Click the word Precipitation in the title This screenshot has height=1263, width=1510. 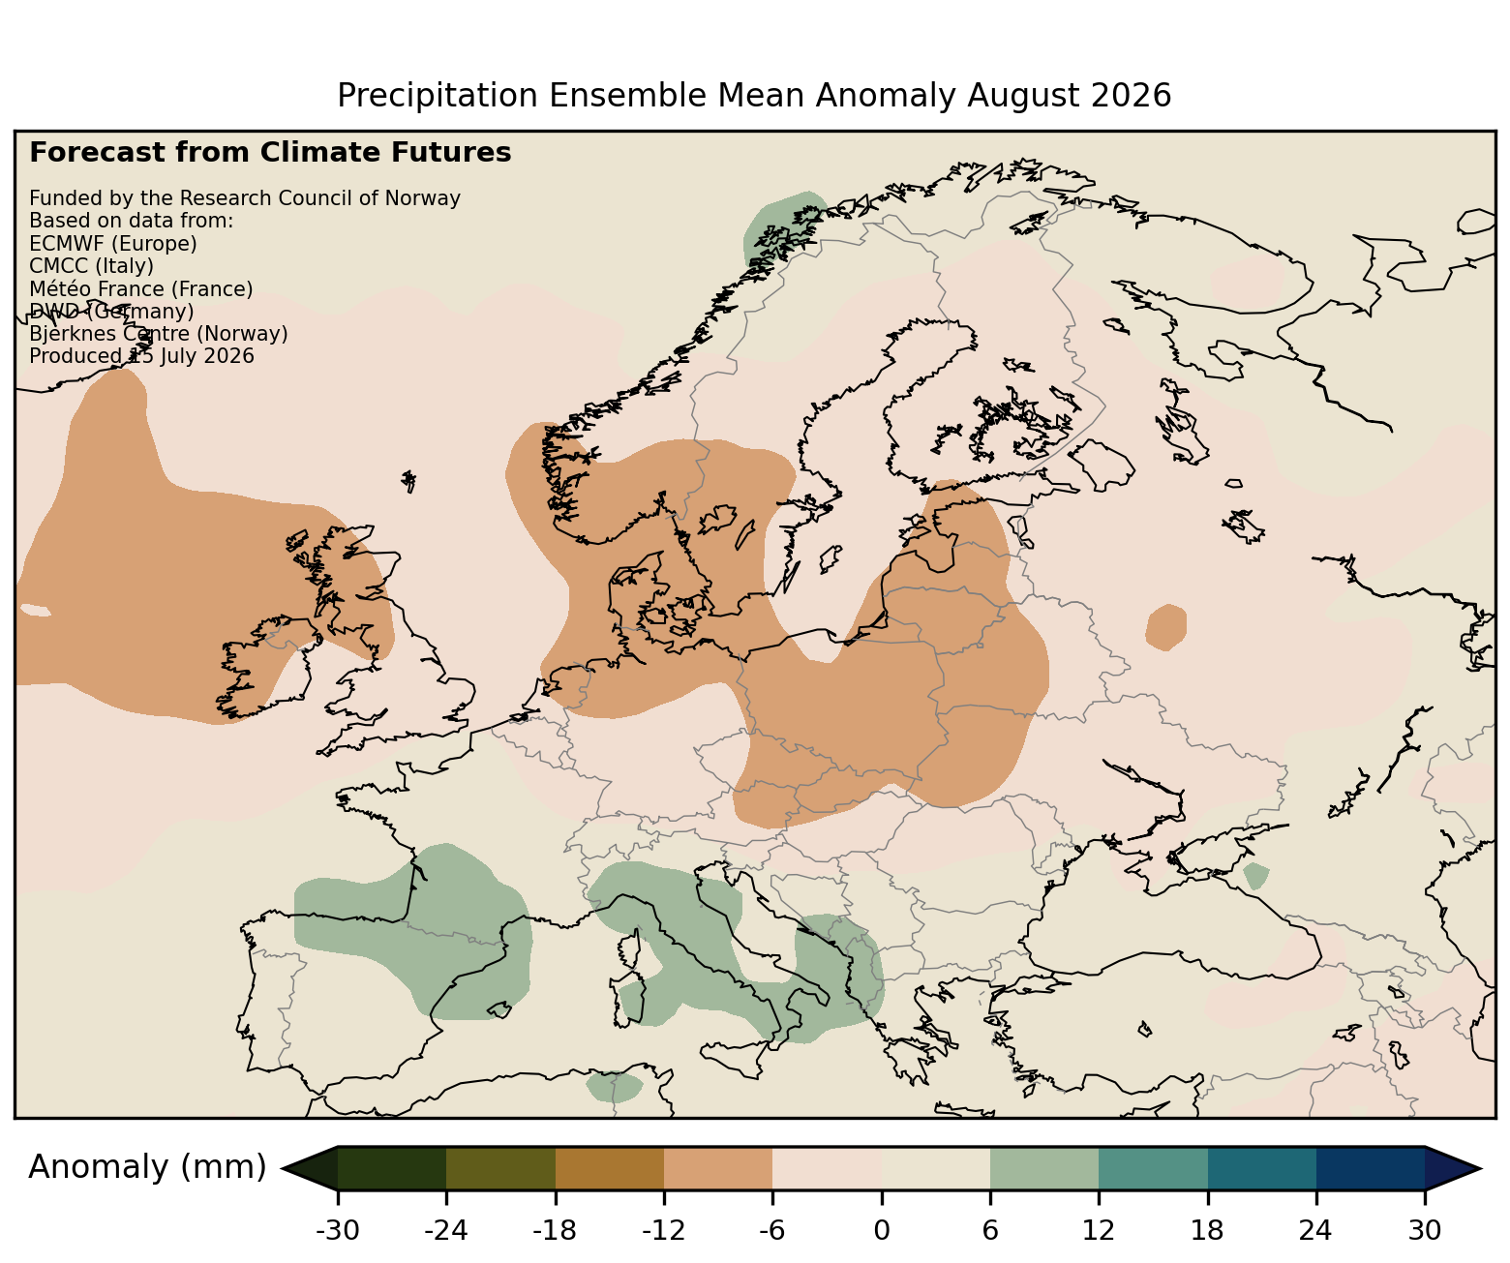click(438, 96)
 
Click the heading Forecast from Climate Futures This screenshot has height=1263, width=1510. click(270, 153)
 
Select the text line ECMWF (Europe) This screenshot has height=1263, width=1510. click(113, 244)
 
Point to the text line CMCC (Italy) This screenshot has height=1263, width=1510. click(91, 266)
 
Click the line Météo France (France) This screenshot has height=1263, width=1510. click(141, 289)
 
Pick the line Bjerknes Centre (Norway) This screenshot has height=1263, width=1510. click(159, 334)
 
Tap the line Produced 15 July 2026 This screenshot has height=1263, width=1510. click(141, 356)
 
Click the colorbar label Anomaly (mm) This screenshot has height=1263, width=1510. click(147, 1167)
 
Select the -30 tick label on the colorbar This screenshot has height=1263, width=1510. click(338, 1230)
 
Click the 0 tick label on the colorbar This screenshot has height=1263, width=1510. click(882, 1230)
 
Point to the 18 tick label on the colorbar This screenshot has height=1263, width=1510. click(1207, 1230)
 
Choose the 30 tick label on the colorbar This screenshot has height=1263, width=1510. click(1425, 1230)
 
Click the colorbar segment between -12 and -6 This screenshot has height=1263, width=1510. click(718, 1168)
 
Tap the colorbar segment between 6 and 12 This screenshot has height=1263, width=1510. click(1044, 1168)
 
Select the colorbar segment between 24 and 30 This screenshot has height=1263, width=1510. click(1371, 1168)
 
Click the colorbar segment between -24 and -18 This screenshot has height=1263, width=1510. click(500, 1168)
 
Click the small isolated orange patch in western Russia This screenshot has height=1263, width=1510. click(1165, 627)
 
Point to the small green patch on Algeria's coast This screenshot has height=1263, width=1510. click(614, 1086)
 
